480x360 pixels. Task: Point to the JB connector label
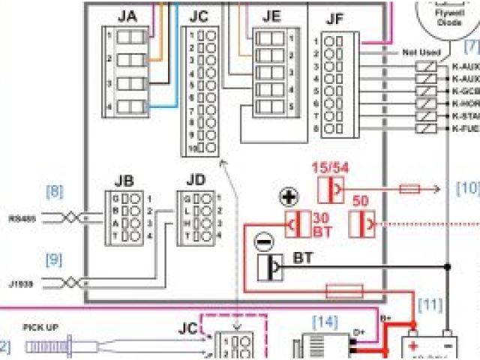(x=124, y=181)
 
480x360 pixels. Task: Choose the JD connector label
(x=196, y=181)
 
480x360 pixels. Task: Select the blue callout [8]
(x=54, y=191)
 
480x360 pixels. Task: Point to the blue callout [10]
(x=466, y=189)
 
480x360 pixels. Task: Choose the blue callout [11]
(x=431, y=304)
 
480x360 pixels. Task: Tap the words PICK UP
(x=41, y=328)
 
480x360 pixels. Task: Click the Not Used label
(x=420, y=52)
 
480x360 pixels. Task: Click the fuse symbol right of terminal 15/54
(x=409, y=190)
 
